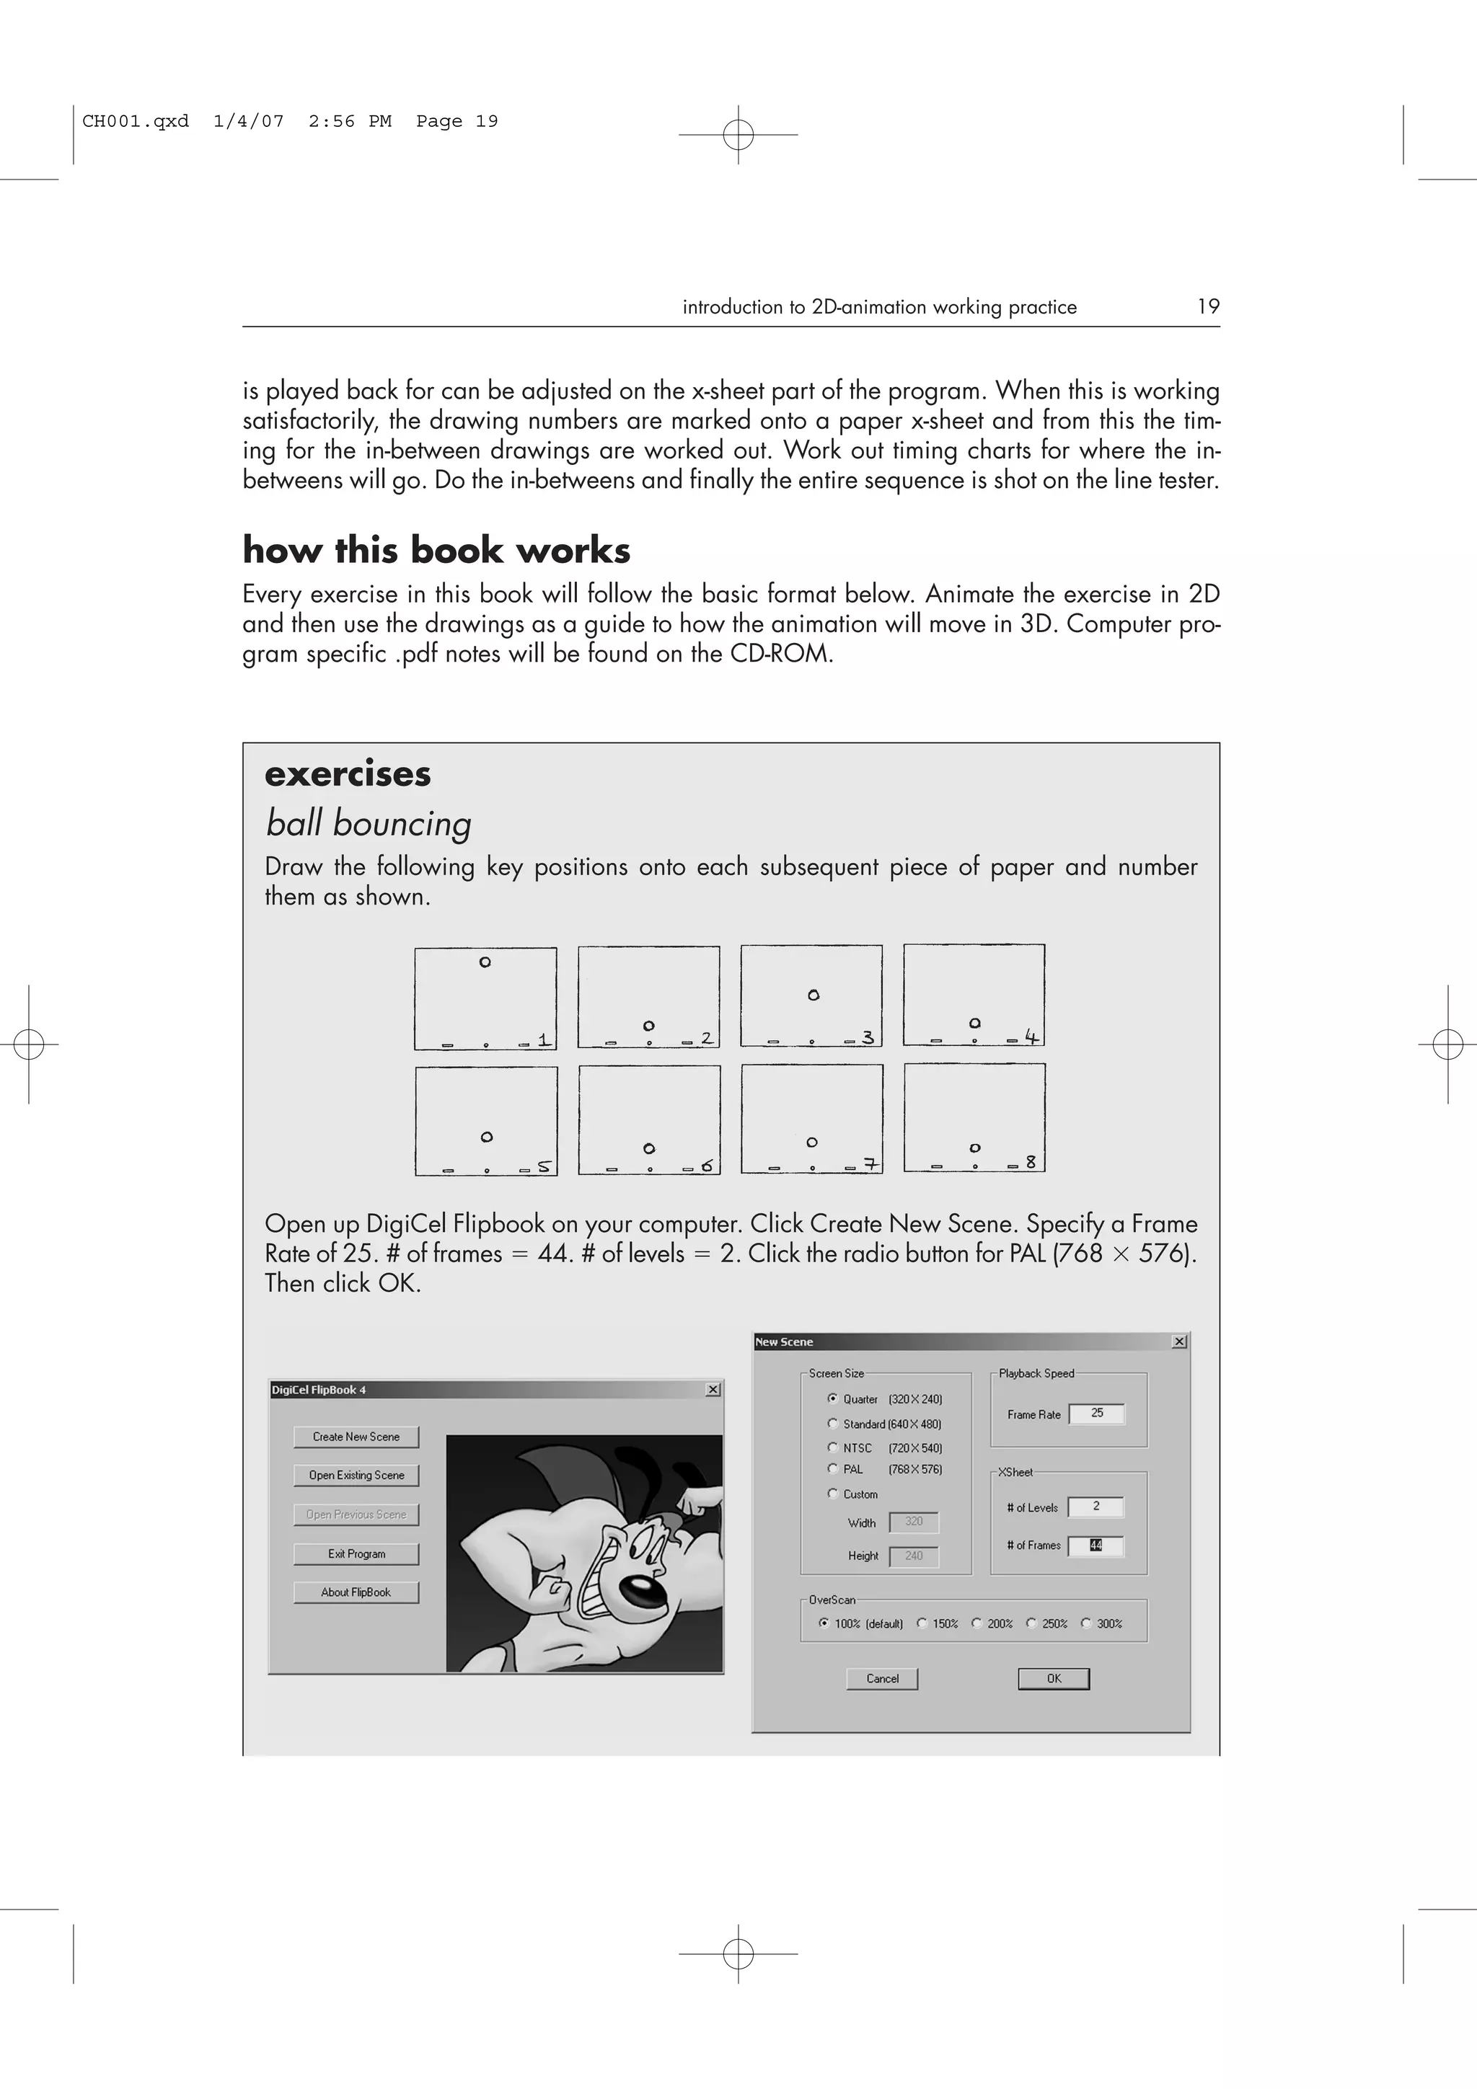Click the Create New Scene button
click(356, 1437)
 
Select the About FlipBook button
click(356, 1592)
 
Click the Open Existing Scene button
click(356, 1475)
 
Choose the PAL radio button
click(832, 1468)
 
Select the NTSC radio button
click(832, 1447)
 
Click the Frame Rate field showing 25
click(1097, 1413)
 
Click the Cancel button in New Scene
click(882, 1679)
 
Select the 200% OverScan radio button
click(976, 1623)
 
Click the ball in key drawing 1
click(485, 962)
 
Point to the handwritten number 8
click(1031, 1162)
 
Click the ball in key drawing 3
click(814, 995)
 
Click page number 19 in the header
click(1207, 306)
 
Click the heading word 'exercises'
click(348, 774)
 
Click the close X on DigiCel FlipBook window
click(713, 1389)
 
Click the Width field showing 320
click(914, 1521)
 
